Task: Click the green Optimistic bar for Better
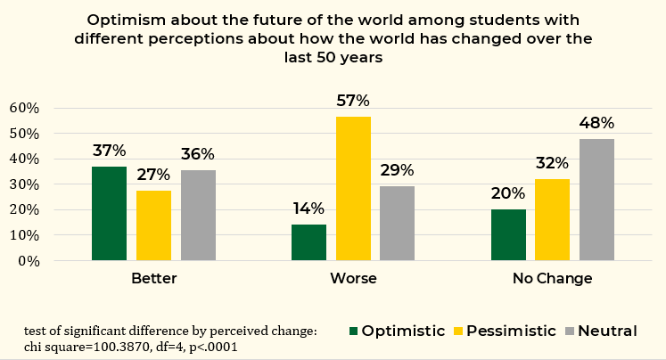point(109,214)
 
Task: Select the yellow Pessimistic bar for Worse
point(353,188)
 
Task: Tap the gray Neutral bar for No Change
point(596,200)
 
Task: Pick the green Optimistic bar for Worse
point(308,242)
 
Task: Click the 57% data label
point(352,101)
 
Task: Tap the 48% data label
point(596,124)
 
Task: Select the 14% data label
point(308,209)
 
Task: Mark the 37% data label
point(109,151)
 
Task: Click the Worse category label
point(353,279)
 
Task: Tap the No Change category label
point(553,279)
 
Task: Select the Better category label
point(153,279)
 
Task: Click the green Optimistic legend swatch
point(353,331)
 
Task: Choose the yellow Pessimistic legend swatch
point(460,331)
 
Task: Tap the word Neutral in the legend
point(607,331)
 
